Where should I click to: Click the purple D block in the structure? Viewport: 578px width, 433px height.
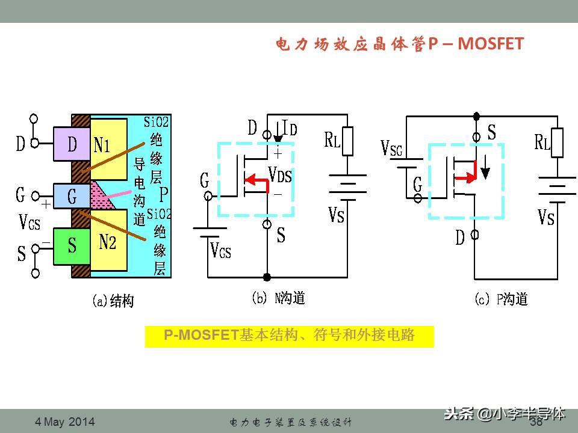pos(72,144)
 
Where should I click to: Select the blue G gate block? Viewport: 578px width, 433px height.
pos(72,195)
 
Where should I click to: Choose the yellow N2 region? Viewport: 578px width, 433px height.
pos(108,242)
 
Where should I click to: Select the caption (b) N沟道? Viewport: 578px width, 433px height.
pos(278,298)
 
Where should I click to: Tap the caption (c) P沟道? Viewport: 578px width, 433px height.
pos(501,298)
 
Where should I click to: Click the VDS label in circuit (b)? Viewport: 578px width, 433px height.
pos(281,176)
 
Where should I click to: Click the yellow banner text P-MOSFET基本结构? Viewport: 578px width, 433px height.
pos(289,336)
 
